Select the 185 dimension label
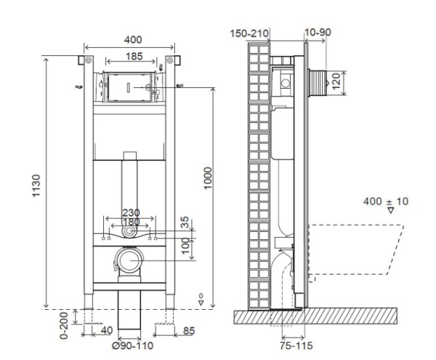click(132, 55)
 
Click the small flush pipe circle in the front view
click(129, 232)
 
